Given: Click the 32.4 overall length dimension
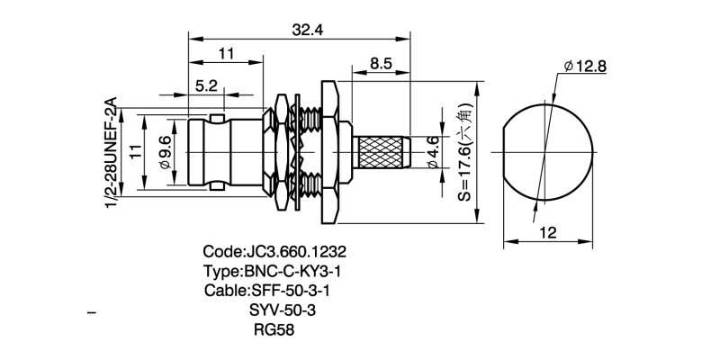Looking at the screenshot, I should point(308,29).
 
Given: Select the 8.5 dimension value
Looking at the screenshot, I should point(380,64).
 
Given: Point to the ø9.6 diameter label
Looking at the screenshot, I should point(165,150).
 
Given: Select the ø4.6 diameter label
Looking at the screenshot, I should point(433,152).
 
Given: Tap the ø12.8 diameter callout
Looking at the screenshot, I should point(586,66).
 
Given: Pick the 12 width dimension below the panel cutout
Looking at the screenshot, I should point(548,231).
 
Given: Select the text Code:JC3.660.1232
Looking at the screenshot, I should point(275,251).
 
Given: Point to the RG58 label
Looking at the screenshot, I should point(275,329).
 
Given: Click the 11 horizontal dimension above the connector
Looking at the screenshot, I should point(226,54).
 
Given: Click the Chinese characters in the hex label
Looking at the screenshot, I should point(465,119).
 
